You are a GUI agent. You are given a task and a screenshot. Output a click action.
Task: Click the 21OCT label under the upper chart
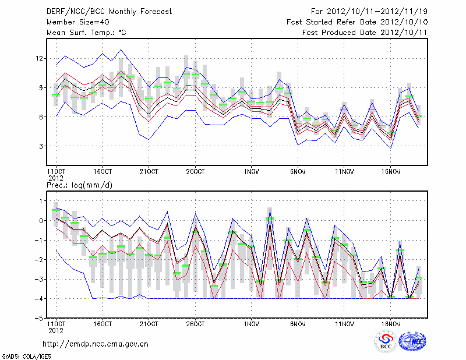pos(149,172)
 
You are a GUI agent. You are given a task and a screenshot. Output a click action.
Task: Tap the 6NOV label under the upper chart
pos(298,172)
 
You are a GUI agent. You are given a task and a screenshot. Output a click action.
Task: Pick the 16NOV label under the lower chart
pos(390,323)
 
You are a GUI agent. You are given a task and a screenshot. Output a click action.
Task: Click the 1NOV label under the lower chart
pos(251,323)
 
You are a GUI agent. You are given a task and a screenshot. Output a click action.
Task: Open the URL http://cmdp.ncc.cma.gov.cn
pos(96,344)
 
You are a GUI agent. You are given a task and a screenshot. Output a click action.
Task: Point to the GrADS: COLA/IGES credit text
pos(23,355)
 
